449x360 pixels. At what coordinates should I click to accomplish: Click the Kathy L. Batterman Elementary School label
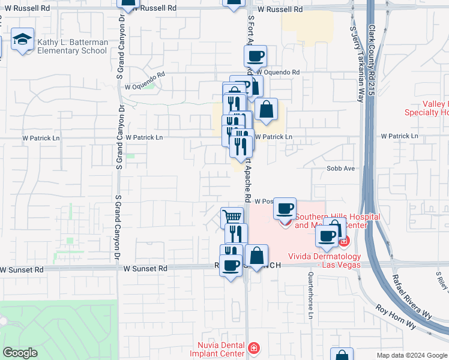73,47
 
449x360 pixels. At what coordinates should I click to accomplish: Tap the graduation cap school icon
23,40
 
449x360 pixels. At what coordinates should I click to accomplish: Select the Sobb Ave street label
341,169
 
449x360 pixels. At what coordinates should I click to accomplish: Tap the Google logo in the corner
20,353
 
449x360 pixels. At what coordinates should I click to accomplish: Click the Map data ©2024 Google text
412,355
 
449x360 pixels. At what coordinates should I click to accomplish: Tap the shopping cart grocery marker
232,217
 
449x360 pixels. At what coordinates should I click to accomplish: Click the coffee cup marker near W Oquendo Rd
255,56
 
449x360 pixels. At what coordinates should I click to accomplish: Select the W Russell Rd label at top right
280,10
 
